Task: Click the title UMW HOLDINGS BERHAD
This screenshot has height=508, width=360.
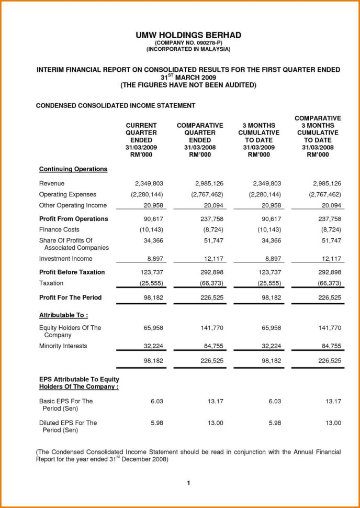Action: tap(188, 35)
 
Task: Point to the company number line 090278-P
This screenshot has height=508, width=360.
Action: tap(188, 42)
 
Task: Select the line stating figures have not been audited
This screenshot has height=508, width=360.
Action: tap(188, 84)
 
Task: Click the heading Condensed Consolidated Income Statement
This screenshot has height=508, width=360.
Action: tap(115, 105)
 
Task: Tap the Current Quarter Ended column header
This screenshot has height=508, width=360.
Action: tap(141, 140)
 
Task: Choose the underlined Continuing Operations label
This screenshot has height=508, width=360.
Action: tap(73, 169)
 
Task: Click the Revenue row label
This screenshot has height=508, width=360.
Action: tap(52, 183)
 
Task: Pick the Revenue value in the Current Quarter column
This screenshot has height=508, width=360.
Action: tap(149, 183)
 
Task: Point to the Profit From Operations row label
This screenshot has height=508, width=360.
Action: tap(74, 219)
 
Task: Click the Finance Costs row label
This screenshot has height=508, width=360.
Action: tap(59, 230)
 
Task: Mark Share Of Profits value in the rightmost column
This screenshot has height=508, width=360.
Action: tap(331, 240)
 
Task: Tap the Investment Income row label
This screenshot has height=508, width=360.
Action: tap(65, 259)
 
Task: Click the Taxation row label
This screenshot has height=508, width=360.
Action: tap(51, 283)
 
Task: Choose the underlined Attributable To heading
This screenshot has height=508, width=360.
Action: tap(63, 315)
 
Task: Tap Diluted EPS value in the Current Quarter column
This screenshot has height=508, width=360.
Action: tap(156, 423)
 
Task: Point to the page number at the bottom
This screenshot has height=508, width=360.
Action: tap(188, 483)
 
